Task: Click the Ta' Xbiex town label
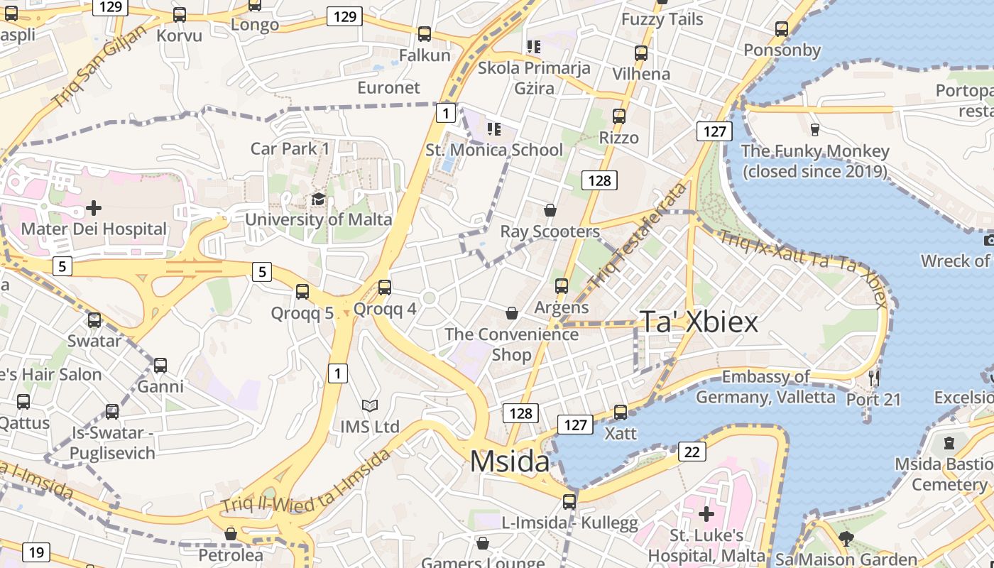(x=699, y=322)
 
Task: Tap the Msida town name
(x=509, y=461)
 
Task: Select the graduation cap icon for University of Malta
(x=318, y=200)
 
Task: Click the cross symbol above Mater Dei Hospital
(x=93, y=208)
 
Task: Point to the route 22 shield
(x=692, y=452)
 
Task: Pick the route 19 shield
(x=35, y=552)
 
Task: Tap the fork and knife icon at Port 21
(x=874, y=377)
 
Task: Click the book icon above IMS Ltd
(x=369, y=405)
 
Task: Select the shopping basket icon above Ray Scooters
(x=550, y=210)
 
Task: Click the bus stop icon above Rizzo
(x=619, y=116)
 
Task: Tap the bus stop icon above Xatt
(x=621, y=412)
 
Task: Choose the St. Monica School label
(x=494, y=150)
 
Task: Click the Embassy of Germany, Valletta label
(x=765, y=386)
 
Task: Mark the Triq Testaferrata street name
(x=638, y=234)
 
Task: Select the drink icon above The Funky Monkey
(x=814, y=130)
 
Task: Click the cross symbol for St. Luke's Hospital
(x=706, y=513)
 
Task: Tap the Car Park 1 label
(x=290, y=148)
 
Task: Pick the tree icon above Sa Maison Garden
(x=846, y=538)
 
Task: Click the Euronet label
(x=388, y=87)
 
